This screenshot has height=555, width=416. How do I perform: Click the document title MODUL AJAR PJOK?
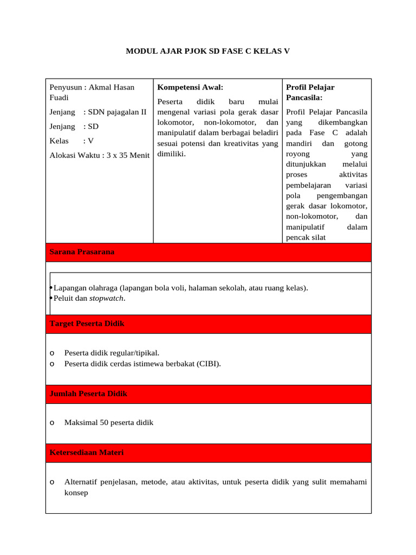208,51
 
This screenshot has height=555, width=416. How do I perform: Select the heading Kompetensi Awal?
190,87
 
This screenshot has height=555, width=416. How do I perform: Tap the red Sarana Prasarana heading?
82,252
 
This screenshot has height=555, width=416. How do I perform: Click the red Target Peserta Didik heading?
87,324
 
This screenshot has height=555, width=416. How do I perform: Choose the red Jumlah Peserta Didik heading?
88,394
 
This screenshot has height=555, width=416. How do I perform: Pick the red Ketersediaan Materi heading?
86,453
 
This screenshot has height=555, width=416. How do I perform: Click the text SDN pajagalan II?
117,112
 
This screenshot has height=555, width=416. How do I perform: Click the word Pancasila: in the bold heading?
304,98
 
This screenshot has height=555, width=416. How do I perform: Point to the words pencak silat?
305,237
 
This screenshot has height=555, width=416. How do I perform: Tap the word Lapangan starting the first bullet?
69,288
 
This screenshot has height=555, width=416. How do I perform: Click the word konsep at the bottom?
76,493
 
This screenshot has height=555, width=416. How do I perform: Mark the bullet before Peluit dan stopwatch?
50,298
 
